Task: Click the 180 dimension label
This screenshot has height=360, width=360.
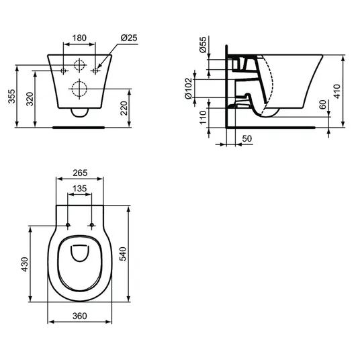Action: pyautogui.click(x=79, y=38)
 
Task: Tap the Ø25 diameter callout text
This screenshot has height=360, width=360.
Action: pyautogui.click(x=129, y=38)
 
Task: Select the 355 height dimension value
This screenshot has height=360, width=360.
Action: pyautogui.click(x=11, y=97)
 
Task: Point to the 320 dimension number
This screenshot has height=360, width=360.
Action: pyautogui.click(x=30, y=99)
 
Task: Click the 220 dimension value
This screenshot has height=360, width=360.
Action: pyautogui.click(x=124, y=108)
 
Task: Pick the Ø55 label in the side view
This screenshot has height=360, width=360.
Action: pyautogui.click(x=203, y=45)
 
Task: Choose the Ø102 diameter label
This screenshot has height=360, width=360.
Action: pyautogui.click(x=188, y=89)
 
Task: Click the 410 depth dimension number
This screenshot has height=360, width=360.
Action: pyautogui.click(x=337, y=91)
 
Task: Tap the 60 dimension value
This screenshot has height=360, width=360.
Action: pyautogui.click(x=323, y=105)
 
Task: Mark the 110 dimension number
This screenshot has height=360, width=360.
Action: pyautogui.click(x=203, y=118)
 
